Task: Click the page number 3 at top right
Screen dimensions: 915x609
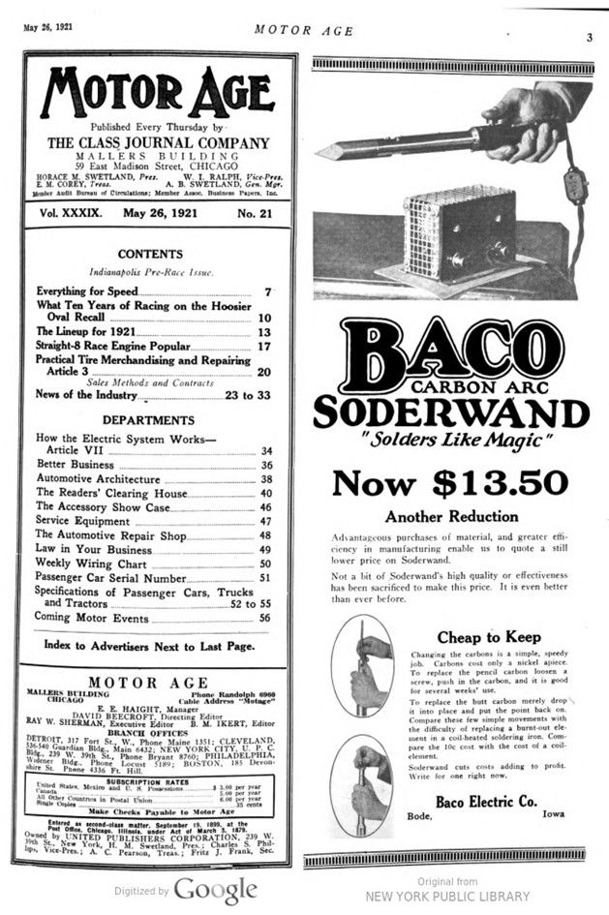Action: [x=589, y=38]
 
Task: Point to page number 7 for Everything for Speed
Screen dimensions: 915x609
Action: [x=267, y=291]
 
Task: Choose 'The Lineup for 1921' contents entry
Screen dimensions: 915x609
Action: [x=85, y=332]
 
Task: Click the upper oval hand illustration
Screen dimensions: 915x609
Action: [x=362, y=665]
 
